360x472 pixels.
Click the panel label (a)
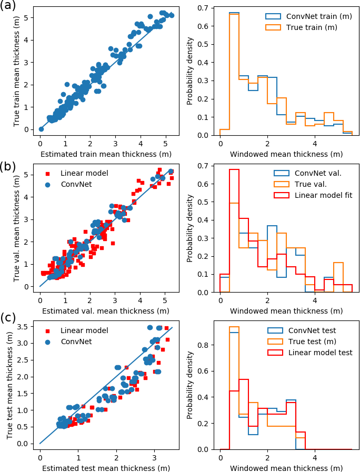click(9, 6)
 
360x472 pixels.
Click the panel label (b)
click(9, 167)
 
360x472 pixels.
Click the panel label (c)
click(9, 318)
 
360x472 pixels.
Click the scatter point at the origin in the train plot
click(41, 129)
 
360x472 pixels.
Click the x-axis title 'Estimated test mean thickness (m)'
click(105, 468)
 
